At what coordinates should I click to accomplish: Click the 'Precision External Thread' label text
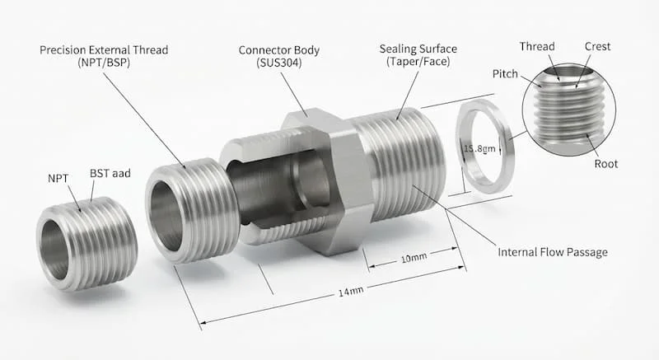104,50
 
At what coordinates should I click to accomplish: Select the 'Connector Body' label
279,50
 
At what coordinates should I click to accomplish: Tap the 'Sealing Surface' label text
418,49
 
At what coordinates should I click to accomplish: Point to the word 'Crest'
597,47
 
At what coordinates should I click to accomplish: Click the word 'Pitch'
505,74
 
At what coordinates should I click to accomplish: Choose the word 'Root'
606,164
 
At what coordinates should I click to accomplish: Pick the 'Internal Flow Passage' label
553,252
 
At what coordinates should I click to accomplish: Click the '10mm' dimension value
414,258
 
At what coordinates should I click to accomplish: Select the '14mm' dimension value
351,291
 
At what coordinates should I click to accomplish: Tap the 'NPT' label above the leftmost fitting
58,179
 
